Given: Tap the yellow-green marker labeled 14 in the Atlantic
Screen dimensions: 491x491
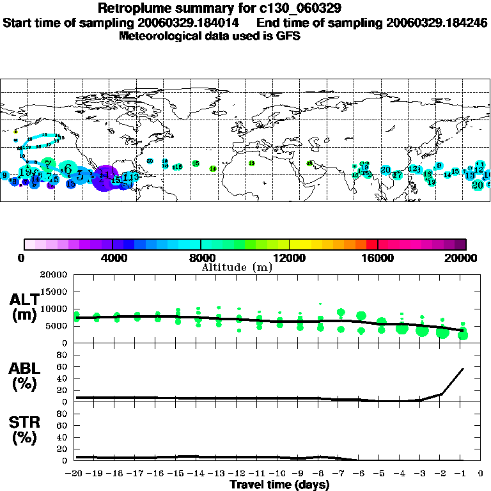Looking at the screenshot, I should coord(213,169).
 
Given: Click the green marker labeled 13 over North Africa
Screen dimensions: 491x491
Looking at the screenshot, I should coord(252,163).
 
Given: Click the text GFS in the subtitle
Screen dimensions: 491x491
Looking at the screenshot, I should coord(289,36).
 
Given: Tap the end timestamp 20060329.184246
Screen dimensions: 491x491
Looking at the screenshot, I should coord(437,22).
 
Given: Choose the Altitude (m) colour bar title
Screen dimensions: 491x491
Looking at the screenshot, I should coord(237,267).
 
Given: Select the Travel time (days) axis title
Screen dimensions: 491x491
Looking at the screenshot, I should coord(279,485).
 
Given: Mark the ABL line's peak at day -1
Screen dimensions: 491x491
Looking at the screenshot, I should coord(463,369).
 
